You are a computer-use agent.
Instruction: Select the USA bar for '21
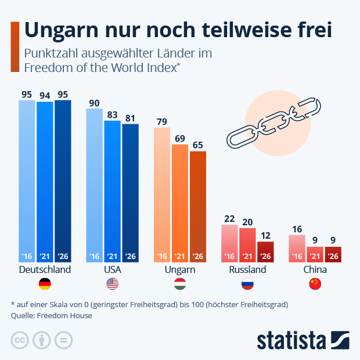pyautogui.click(x=112, y=192)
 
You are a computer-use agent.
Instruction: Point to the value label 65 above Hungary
pyautogui.click(x=198, y=145)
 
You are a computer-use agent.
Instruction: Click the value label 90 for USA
pyautogui.click(x=94, y=103)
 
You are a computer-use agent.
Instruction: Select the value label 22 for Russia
pyautogui.click(x=229, y=218)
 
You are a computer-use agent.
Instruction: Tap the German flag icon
pyautogui.click(x=45, y=284)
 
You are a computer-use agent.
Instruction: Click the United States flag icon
pyautogui.click(x=112, y=284)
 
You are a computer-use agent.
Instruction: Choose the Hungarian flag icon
pyautogui.click(x=180, y=284)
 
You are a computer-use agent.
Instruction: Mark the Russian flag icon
pyautogui.click(x=247, y=284)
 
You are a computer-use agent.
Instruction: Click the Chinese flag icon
pyautogui.click(x=315, y=284)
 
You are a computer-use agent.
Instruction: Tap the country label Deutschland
pyautogui.click(x=45, y=270)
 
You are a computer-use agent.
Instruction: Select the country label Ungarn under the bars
pyautogui.click(x=180, y=270)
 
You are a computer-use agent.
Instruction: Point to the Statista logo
pyautogui.click(x=302, y=340)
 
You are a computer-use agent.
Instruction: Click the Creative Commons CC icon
pyautogui.click(x=20, y=340)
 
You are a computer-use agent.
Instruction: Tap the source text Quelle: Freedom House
pyautogui.click(x=51, y=316)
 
